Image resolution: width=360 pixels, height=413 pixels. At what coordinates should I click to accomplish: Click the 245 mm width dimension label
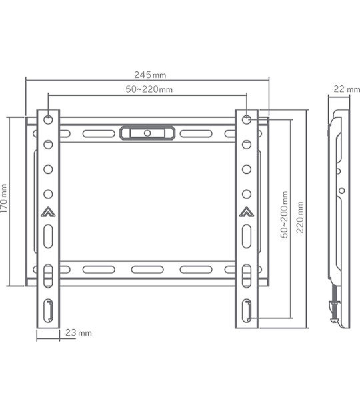coord(150,75)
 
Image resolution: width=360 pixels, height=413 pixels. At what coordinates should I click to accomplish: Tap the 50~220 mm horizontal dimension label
coord(149,89)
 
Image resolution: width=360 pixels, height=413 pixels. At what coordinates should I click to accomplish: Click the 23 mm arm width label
coord(78,333)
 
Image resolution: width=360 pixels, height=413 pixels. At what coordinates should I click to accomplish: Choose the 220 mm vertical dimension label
coord(300,217)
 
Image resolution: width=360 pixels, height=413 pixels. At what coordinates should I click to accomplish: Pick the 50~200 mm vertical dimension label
coord(284,214)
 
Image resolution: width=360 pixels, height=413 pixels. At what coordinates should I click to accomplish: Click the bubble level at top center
coord(147,133)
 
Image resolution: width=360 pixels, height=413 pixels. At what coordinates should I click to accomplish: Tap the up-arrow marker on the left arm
coord(48,212)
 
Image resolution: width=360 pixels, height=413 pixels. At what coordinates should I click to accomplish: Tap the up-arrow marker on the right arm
coord(247,212)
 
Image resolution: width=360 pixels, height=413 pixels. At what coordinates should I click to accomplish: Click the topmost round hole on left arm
coord(48,119)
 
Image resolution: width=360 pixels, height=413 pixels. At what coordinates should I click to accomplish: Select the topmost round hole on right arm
coord(247,119)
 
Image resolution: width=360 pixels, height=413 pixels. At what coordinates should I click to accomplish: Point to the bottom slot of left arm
coord(48,310)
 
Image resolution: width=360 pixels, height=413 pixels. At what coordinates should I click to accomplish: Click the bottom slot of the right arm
coord(247,310)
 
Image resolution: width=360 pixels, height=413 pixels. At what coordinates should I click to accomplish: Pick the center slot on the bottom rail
coord(147,269)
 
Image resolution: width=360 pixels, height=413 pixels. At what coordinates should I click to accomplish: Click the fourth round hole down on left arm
coord(48,194)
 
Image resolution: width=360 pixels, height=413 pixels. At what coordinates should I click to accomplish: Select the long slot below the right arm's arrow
coord(247,236)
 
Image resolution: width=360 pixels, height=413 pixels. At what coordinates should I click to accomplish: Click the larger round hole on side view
coord(341,191)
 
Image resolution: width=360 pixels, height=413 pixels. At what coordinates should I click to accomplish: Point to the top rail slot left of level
coord(98,134)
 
